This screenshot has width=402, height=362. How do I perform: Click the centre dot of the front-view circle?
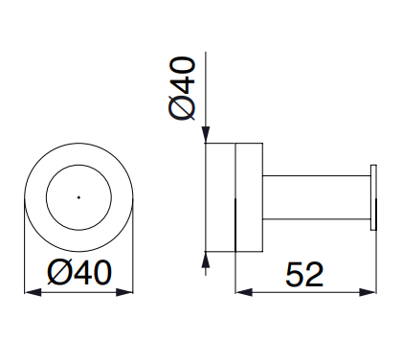(x=78, y=197)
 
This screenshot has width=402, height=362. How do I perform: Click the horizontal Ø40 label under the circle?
(x=79, y=272)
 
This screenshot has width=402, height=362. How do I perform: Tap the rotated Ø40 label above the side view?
(x=182, y=88)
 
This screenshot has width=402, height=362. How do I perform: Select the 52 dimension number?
(x=304, y=274)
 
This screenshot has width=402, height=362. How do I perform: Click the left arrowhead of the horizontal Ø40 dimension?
(x=33, y=292)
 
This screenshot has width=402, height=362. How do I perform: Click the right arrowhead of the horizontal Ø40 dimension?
(x=124, y=292)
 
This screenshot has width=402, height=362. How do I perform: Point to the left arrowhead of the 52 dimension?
(x=244, y=292)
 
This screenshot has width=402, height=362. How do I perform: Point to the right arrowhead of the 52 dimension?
(x=368, y=292)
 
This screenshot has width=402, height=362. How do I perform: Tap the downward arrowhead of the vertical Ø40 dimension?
(x=206, y=135)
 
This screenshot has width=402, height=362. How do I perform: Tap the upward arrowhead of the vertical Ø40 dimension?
(x=206, y=260)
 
